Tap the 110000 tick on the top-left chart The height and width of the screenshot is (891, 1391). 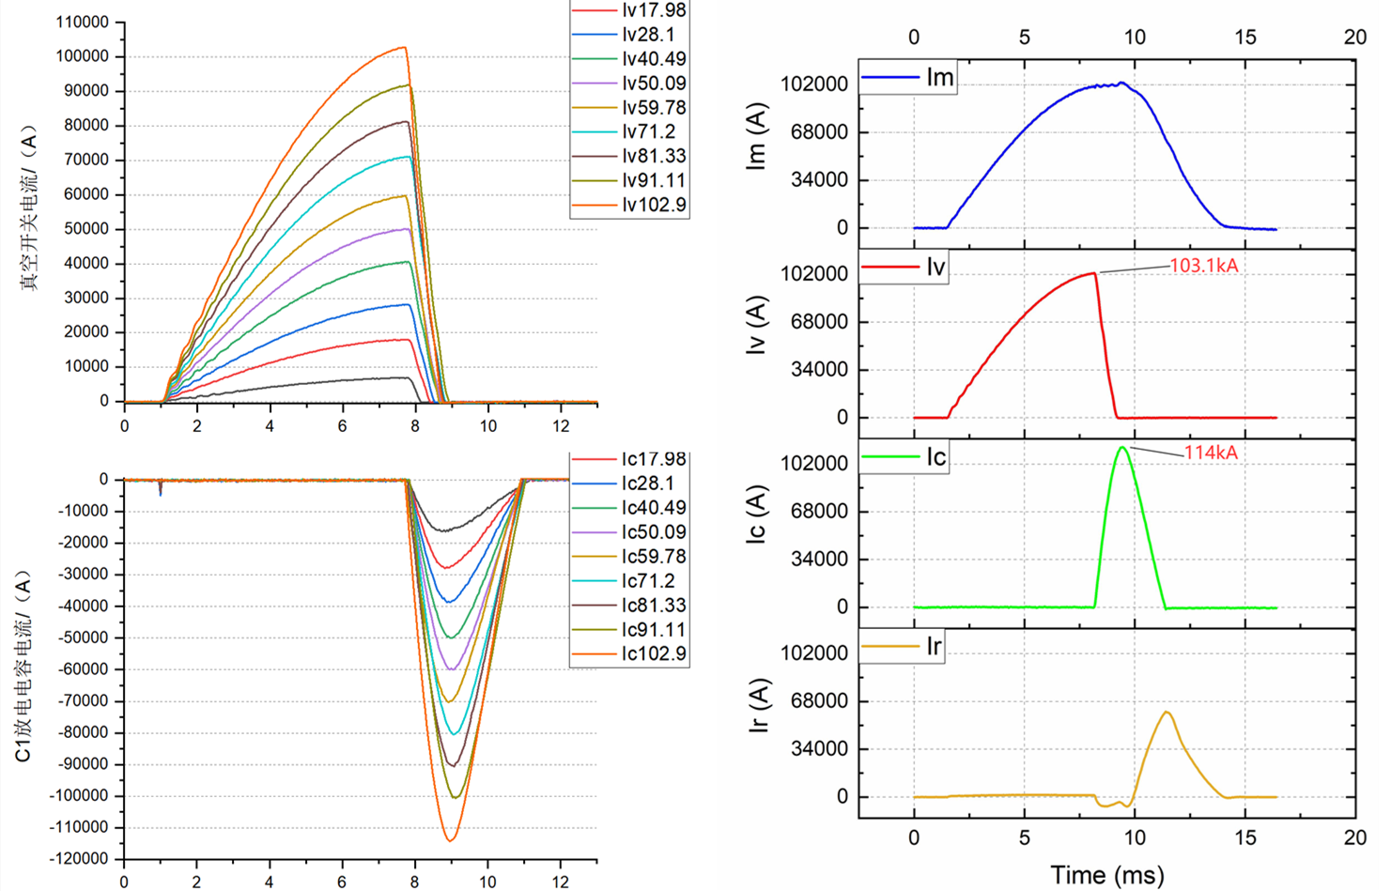click(83, 23)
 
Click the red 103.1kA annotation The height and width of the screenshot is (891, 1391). click(1203, 266)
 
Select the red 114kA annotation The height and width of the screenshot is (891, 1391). click(1210, 453)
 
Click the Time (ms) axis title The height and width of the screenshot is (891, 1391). click(1106, 875)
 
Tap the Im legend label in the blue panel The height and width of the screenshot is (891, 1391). click(939, 77)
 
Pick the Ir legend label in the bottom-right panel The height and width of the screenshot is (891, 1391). click(933, 646)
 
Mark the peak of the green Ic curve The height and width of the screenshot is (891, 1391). click(1121, 448)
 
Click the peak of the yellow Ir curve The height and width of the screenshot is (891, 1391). click(1167, 712)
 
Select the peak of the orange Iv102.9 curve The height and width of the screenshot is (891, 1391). click(405, 47)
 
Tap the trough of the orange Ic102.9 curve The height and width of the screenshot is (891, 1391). click(450, 840)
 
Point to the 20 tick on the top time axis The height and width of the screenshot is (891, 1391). click(1354, 37)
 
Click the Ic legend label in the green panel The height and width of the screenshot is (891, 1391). click(935, 456)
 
